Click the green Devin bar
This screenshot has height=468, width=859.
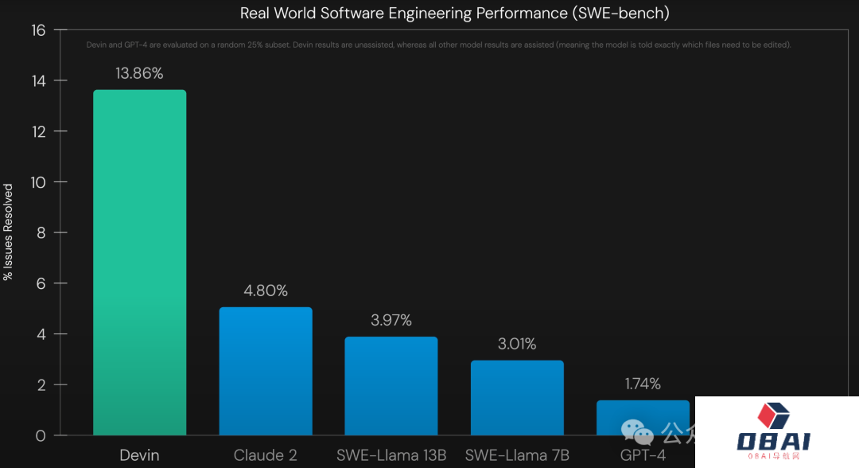[x=140, y=263]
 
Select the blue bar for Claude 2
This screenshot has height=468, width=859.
[x=266, y=371]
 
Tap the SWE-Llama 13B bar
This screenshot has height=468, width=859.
[x=391, y=386]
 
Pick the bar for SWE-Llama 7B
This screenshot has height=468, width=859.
[x=517, y=398]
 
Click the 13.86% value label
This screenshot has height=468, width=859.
[x=139, y=74]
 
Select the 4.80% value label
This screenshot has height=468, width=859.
[x=266, y=291]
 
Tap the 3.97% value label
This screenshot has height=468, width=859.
[x=391, y=321]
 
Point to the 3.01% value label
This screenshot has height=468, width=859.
[x=517, y=344]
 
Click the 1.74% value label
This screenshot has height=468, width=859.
[x=643, y=384]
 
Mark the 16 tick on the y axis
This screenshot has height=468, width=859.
[x=39, y=30]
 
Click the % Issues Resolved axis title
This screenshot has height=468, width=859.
[x=9, y=232]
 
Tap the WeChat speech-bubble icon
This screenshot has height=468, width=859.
[x=638, y=432]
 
